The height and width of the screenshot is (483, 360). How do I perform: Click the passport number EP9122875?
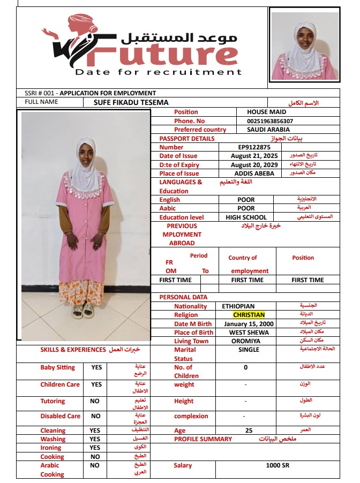point(254,147)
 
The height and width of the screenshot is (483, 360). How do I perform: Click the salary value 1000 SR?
point(277,465)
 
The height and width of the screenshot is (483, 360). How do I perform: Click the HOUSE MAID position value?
point(266,112)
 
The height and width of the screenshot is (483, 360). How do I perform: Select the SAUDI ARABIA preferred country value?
point(268,130)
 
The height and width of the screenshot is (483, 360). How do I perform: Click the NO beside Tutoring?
point(95,401)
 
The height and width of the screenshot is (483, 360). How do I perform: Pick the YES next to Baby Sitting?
point(96,368)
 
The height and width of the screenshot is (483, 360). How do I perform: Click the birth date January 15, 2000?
point(249,324)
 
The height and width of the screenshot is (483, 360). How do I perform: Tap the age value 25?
point(249,431)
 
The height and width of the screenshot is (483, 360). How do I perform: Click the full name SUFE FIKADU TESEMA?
point(131,102)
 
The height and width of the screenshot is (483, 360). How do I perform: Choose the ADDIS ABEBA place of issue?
point(254,173)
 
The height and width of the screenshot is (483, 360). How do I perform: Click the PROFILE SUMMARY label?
point(203,439)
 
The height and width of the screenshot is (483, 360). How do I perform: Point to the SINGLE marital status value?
point(249,350)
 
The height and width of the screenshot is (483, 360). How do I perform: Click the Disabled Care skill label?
point(60,416)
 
